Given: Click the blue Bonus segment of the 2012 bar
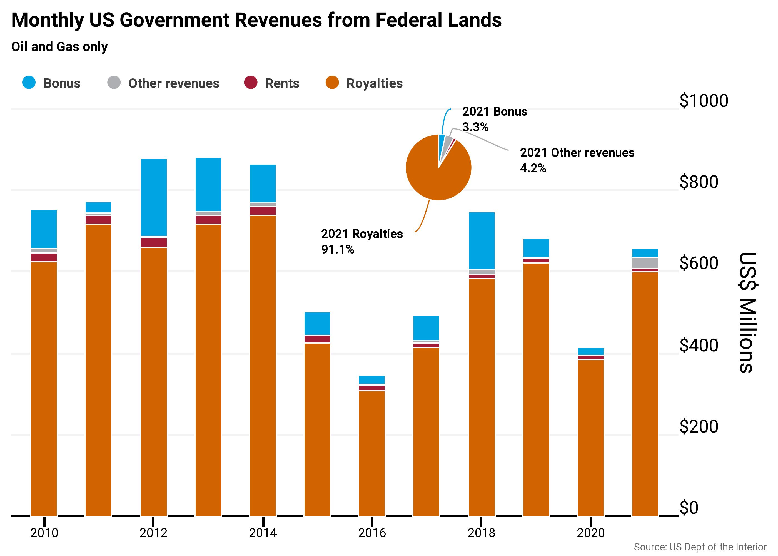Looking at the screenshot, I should pyautogui.click(x=154, y=197).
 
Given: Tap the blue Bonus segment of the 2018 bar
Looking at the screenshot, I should pyautogui.click(x=481, y=241).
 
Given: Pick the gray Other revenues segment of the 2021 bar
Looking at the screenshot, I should pyautogui.click(x=645, y=263).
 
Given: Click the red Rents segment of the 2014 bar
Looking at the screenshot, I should pyautogui.click(x=263, y=210).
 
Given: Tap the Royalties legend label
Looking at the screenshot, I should pyautogui.click(x=374, y=83).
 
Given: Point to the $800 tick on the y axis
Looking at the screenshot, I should pyautogui.click(x=698, y=182).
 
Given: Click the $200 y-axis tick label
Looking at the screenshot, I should pyautogui.click(x=698, y=426).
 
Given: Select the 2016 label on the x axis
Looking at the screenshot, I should pyautogui.click(x=372, y=533).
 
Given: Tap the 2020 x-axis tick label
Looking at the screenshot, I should pyautogui.click(x=590, y=533).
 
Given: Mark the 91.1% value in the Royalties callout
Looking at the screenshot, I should pyautogui.click(x=338, y=249).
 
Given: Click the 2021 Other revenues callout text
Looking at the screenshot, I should pyautogui.click(x=577, y=153).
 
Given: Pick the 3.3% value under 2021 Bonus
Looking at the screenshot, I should pyautogui.click(x=475, y=127).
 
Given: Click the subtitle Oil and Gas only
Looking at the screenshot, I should pyautogui.click(x=59, y=46).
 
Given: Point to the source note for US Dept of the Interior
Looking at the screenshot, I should pyautogui.click(x=700, y=547).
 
